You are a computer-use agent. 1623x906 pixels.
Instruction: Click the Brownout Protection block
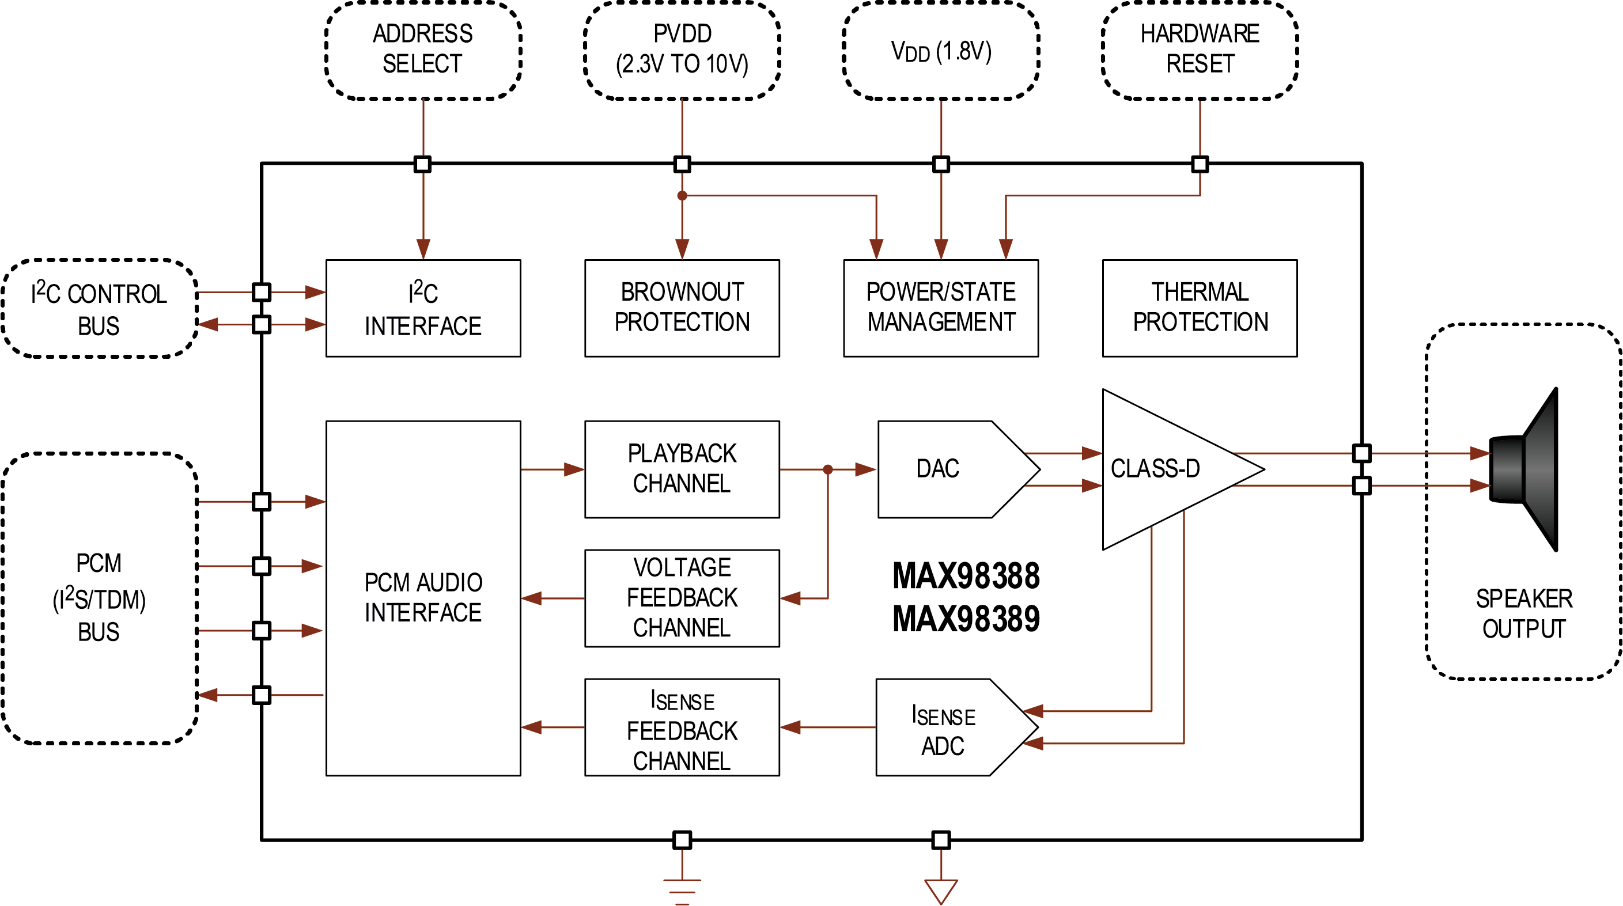click(x=682, y=308)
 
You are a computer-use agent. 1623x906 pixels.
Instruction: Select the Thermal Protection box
click(x=1200, y=308)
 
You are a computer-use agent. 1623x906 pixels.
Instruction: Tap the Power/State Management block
click(x=941, y=308)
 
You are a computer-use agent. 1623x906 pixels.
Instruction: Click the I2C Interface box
click(x=423, y=308)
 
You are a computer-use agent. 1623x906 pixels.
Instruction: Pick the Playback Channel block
click(x=682, y=469)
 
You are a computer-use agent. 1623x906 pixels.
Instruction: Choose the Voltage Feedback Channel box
click(x=682, y=598)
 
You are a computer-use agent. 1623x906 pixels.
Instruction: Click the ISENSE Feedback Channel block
click(x=682, y=727)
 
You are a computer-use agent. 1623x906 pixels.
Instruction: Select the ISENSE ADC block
click(x=945, y=727)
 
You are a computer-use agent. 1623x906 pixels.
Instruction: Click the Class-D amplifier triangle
click(x=1159, y=469)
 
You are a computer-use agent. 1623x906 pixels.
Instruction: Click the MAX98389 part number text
click(x=966, y=619)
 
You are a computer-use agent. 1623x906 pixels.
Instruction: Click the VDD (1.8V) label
click(x=941, y=51)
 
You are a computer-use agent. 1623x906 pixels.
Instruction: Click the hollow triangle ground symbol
click(x=941, y=890)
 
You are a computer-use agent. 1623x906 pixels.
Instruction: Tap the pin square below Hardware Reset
click(x=1200, y=165)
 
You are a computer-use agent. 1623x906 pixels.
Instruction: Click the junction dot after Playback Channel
click(x=828, y=469)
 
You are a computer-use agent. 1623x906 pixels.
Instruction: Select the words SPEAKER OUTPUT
click(x=1523, y=613)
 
